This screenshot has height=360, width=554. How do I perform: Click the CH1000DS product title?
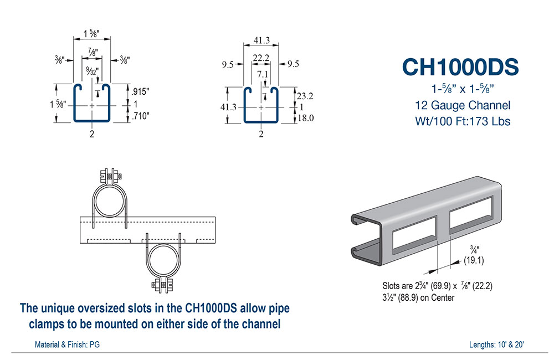pyautogui.click(x=460, y=66)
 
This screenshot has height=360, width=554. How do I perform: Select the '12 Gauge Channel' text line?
pyautogui.click(x=463, y=105)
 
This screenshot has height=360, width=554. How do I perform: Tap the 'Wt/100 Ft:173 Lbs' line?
pyautogui.click(x=463, y=121)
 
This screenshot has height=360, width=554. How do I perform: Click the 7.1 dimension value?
pyautogui.click(x=261, y=73)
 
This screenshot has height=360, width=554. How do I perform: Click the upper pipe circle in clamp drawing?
pyautogui.click(x=109, y=200)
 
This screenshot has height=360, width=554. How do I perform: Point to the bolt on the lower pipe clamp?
pyautogui.click(x=162, y=285)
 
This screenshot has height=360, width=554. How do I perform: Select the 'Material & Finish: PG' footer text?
pyautogui.click(x=67, y=344)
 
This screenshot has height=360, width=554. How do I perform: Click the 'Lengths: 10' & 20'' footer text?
pyautogui.click(x=496, y=344)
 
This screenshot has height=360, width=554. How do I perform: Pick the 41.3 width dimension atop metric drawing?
pyautogui.click(x=261, y=40)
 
